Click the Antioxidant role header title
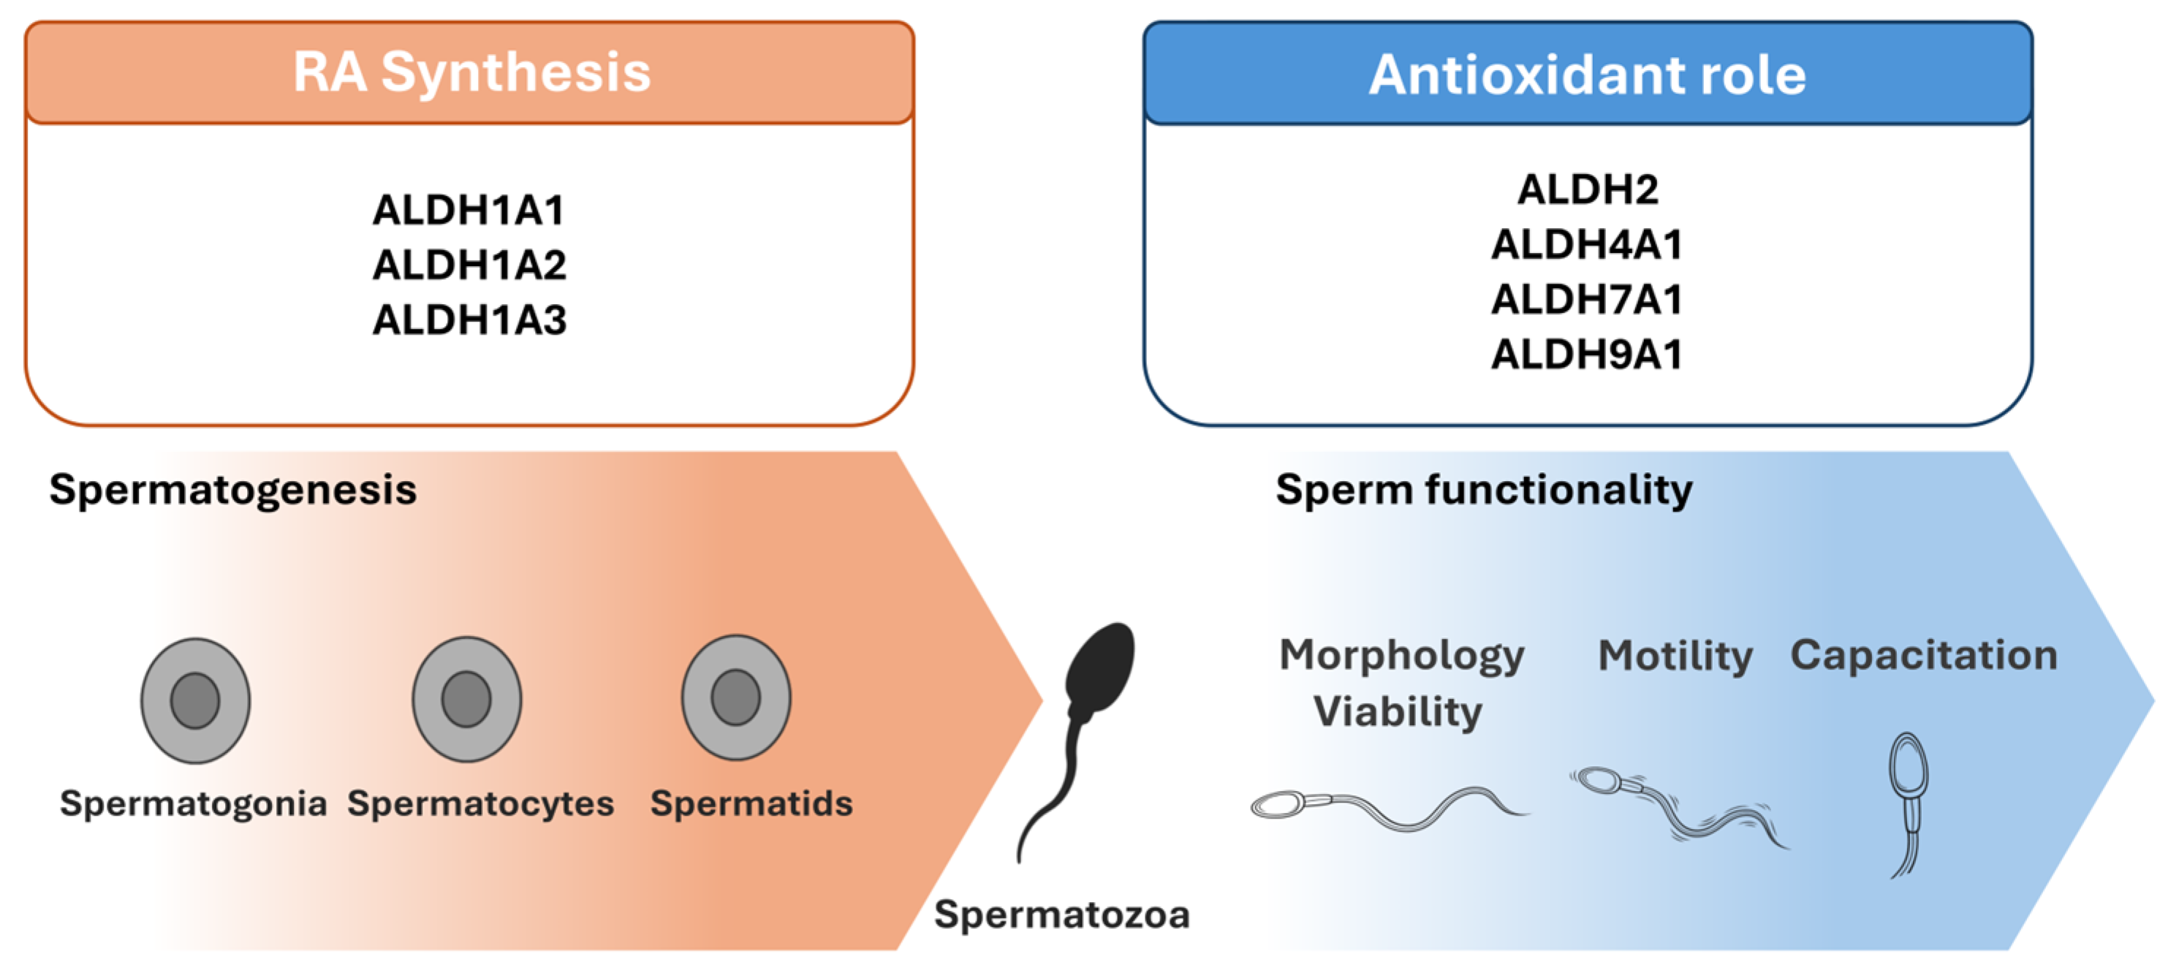click(1587, 75)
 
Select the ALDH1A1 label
click(469, 210)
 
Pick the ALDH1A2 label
click(469, 265)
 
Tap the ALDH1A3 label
click(469, 319)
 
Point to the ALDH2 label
click(1587, 189)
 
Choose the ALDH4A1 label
click(1587, 243)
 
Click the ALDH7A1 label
click(1587, 299)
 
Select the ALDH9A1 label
click(1587, 354)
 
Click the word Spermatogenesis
click(232, 489)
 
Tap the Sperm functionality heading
click(1484, 489)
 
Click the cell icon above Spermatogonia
click(195, 700)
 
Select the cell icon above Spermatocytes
click(466, 699)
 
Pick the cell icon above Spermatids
click(736, 697)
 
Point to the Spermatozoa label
click(1061, 915)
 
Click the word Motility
click(1675, 656)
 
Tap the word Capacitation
click(1924, 655)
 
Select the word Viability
click(1398, 711)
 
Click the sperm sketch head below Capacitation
click(1909, 765)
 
